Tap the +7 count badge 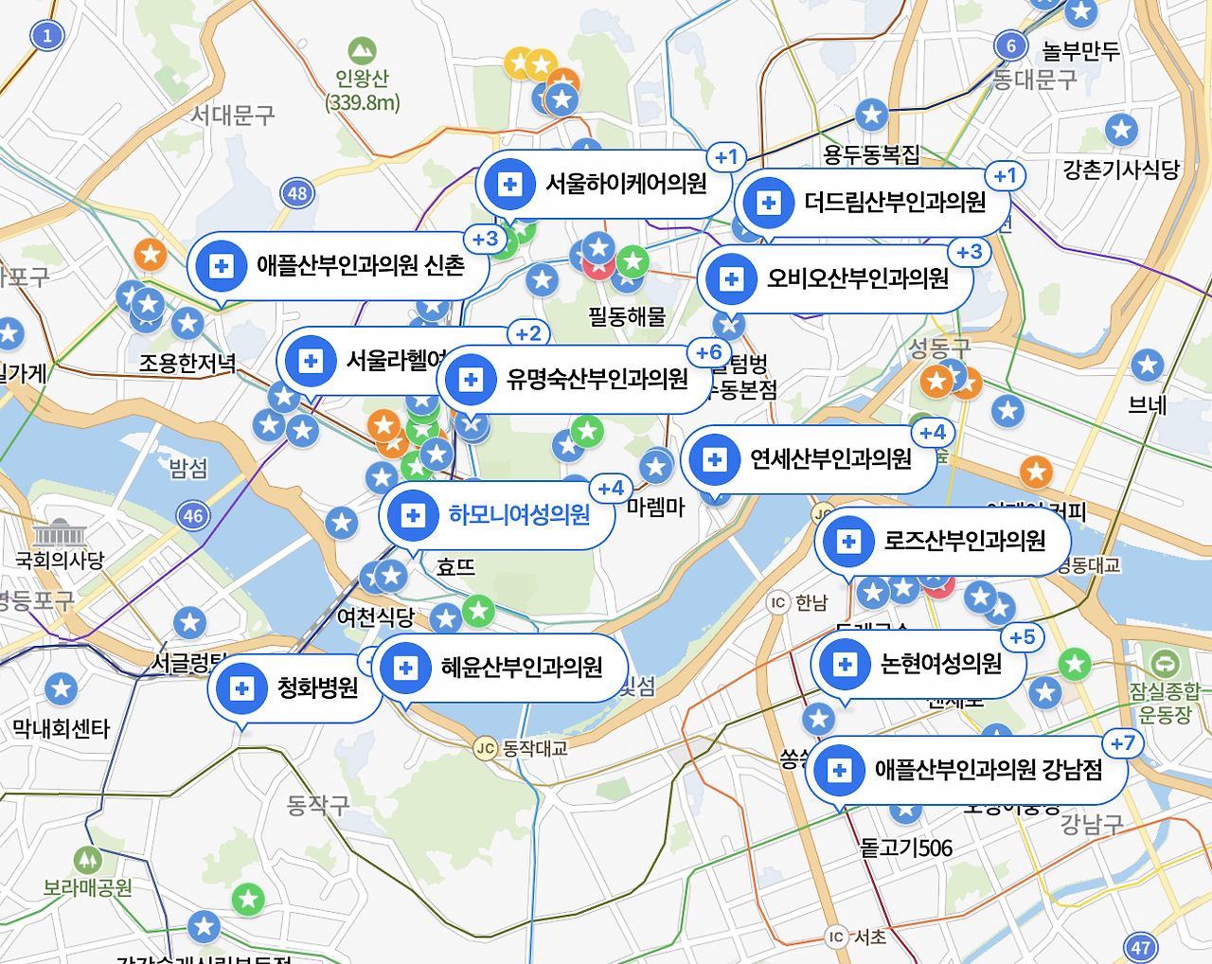(1123, 743)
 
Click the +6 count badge (709, 353)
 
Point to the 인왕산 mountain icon (362, 49)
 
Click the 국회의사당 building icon (59, 533)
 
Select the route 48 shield (297, 193)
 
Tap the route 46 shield (193, 516)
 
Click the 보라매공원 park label (87, 888)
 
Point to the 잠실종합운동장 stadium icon (1164, 663)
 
